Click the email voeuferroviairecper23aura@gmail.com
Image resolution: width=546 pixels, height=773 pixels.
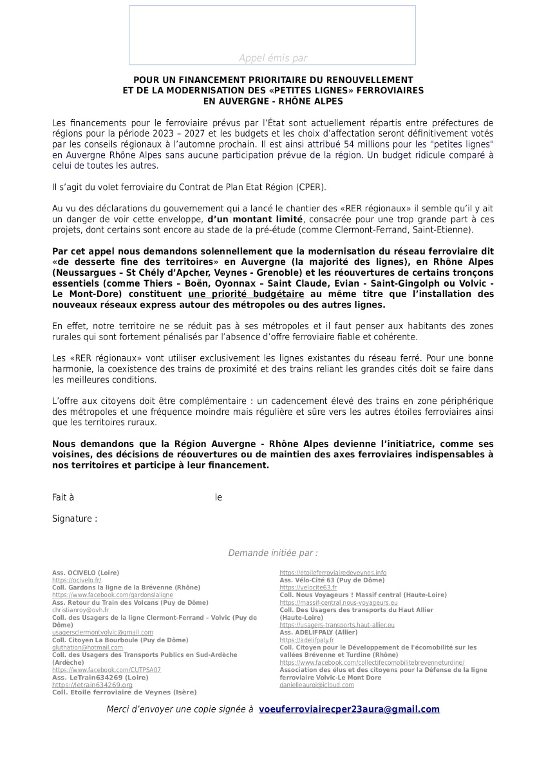coord(349,709)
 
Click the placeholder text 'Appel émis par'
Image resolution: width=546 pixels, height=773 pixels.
coord(273,58)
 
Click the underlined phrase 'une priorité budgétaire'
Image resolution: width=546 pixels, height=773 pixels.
coord(238,294)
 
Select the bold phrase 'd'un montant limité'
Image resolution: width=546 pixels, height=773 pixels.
coord(255,219)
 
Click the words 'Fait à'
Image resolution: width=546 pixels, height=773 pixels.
coord(63,497)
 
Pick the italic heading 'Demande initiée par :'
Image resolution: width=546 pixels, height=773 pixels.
coord(273,553)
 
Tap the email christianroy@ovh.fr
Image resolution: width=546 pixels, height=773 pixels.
coord(80,609)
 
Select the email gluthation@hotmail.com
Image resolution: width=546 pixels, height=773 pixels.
coord(88,647)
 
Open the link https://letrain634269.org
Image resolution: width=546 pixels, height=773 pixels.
coord(92,685)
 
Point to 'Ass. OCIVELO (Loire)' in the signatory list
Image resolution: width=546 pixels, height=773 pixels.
coord(86,573)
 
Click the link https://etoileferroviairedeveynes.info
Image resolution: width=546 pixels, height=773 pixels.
coord(333,573)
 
